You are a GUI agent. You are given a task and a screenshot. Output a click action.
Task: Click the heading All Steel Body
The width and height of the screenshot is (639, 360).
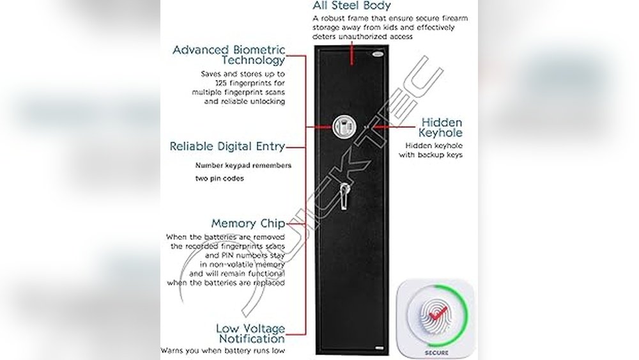351,6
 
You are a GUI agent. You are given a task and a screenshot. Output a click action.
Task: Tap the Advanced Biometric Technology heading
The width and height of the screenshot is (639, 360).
229,55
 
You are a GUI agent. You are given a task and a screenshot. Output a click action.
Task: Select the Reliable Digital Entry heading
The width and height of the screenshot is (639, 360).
227,146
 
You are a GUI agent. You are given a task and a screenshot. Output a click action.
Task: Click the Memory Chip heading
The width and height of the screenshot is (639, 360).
248,224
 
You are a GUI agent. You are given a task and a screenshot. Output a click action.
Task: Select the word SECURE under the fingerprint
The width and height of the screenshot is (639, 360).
436,352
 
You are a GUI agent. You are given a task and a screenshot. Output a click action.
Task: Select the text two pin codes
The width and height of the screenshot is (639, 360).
219,178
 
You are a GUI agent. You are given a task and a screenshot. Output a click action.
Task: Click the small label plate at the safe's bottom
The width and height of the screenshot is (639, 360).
380,348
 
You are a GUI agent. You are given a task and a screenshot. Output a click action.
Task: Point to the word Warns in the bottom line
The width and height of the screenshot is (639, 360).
172,350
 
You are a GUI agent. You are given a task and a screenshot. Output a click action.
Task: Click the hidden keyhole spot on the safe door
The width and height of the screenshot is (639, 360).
367,127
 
